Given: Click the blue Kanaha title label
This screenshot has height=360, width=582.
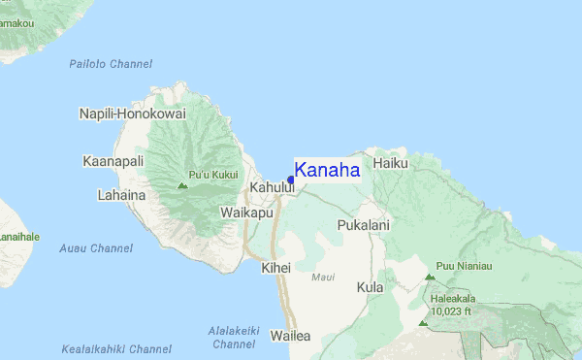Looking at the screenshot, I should tap(327, 171).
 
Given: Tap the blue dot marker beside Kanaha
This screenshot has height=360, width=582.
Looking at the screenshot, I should tap(291, 180).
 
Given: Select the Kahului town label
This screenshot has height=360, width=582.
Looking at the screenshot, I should tap(272, 186).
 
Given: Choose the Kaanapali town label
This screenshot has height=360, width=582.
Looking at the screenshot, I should tap(113, 161).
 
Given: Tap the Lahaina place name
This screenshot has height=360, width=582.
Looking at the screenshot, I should tap(121, 195).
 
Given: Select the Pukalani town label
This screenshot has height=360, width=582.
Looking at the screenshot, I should tap(364, 225).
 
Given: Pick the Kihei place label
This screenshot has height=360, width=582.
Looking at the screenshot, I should tap(275, 266).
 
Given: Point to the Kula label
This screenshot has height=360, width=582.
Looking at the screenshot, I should tap(370, 288).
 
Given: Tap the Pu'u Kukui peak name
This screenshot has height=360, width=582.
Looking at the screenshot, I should tap(212, 175).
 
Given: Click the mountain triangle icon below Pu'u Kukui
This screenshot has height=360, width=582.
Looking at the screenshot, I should tap(181, 184).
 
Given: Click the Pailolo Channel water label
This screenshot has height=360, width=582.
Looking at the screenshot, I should tap(111, 64).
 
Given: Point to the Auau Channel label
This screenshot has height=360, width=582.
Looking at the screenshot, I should tap(95, 248).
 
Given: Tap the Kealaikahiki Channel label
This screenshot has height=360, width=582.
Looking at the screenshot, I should tap(116, 348).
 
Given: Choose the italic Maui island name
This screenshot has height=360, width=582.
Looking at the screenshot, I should tap(323, 278).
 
